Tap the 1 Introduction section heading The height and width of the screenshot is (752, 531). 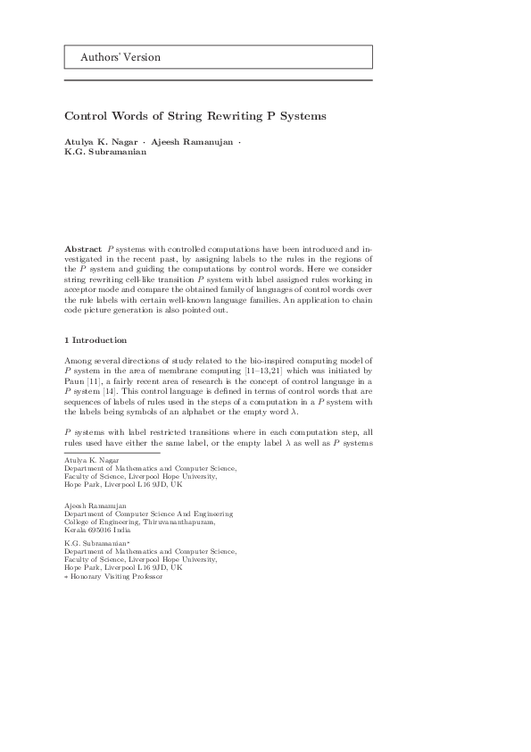tap(95, 340)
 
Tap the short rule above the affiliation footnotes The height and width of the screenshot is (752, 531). tap(98, 452)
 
